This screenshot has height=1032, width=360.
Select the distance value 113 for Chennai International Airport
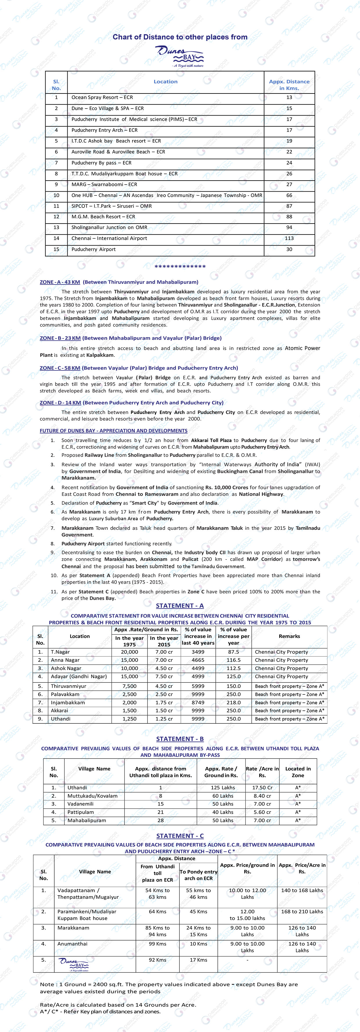click(x=289, y=238)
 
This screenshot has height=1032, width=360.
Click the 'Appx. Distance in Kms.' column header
click(x=289, y=84)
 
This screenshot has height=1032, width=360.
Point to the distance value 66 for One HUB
click(x=289, y=195)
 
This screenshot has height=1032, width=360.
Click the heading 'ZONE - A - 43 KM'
click(x=60, y=282)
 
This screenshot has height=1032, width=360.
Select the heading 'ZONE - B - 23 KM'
click(x=60, y=338)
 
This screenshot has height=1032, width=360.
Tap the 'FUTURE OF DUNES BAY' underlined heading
click(x=113, y=431)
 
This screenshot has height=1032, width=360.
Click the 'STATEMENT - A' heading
click(x=180, y=606)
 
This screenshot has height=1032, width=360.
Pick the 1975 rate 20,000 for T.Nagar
click(x=129, y=652)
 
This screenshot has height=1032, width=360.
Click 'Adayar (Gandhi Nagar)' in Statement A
click(x=79, y=676)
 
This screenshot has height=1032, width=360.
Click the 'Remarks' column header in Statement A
click(x=289, y=636)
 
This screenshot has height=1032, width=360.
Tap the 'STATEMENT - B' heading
click(x=180, y=739)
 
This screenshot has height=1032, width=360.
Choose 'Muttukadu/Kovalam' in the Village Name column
click(x=93, y=796)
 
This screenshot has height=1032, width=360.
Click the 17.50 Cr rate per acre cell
click(x=262, y=788)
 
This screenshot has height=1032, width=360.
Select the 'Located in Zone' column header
click(x=298, y=772)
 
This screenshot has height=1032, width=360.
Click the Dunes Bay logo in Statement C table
click(x=73, y=965)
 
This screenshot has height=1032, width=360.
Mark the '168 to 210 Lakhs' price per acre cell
click(x=302, y=912)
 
